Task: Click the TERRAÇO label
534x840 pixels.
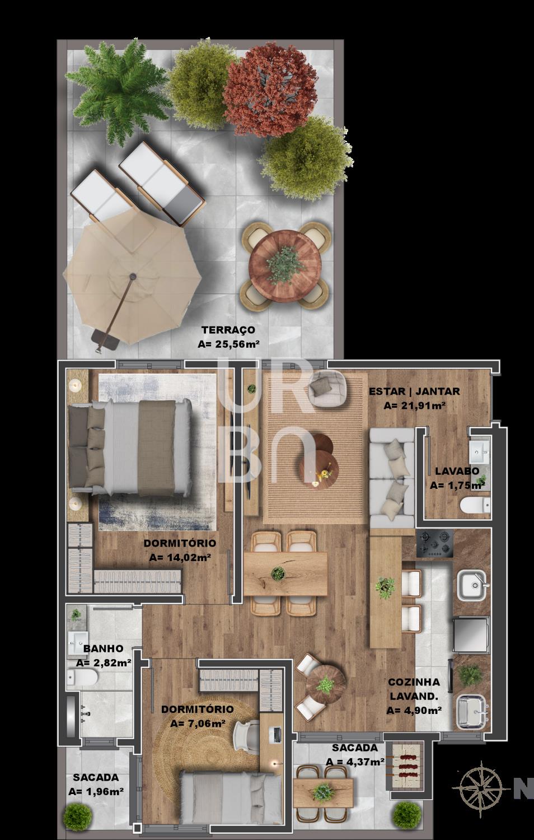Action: pyautogui.click(x=228, y=330)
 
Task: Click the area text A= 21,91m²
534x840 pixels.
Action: pyautogui.click(x=414, y=405)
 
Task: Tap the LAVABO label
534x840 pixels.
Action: pyautogui.click(x=457, y=471)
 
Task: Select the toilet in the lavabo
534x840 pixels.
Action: pyautogui.click(x=475, y=505)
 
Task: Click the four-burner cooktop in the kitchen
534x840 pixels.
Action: pyautogui.click(x=435, y=543)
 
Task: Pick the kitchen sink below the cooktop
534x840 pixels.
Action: pyautogui.click(x=472, y=585)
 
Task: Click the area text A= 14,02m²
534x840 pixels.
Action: pyautogui.click(x=180, y=557)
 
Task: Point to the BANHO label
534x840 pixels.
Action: pyautogui.click(x=103, y=648)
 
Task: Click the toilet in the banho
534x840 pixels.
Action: pyautogui.click(x=82, y=675)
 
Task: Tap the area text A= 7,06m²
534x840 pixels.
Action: pyautogui.click(x=198, y=724)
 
